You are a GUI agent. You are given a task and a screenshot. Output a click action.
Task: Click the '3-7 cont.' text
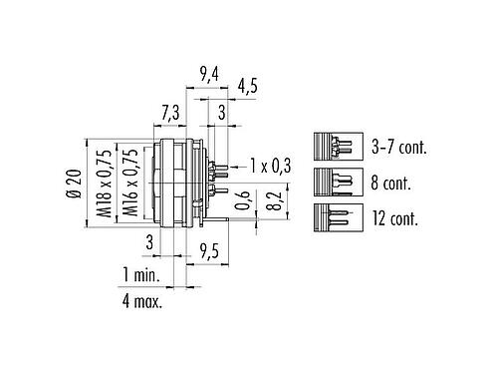[397, 147]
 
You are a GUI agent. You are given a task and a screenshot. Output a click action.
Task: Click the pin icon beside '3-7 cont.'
[335, 147]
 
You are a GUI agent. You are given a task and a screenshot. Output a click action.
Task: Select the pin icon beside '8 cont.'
[335, 181]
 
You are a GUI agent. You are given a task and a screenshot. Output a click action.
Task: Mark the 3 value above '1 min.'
[148, 240]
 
